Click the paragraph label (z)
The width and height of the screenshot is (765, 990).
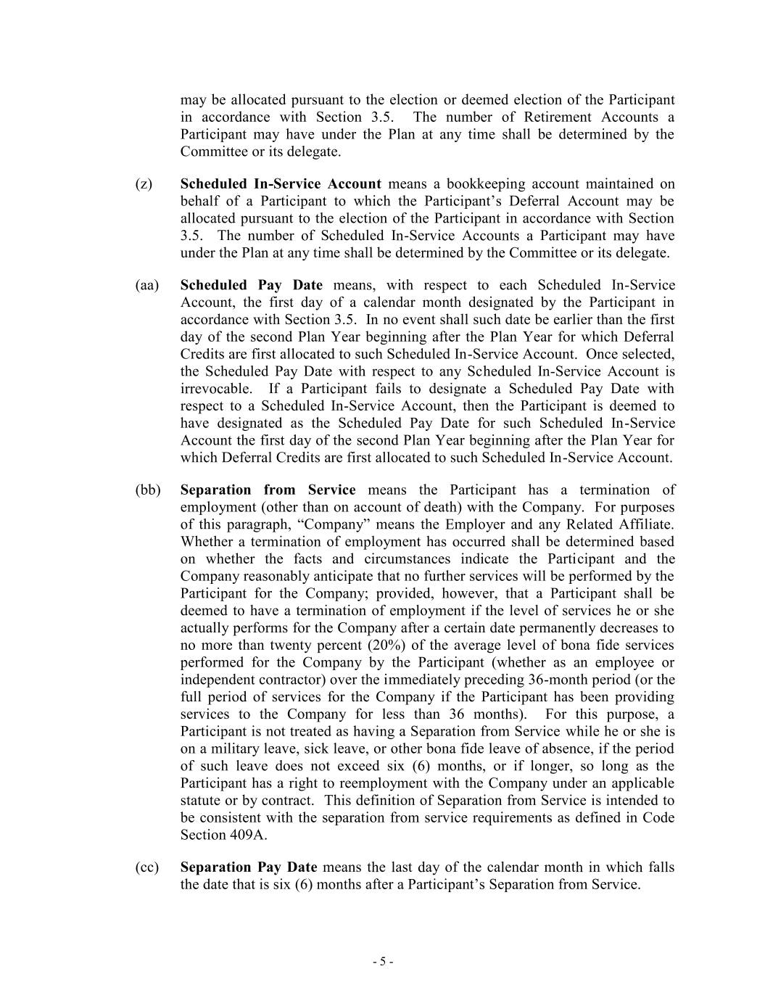coord(144,184)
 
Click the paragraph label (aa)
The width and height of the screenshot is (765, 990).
coord(146,286)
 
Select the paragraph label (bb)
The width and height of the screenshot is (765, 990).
coord(147,490)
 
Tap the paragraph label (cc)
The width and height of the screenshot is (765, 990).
coord(146,867)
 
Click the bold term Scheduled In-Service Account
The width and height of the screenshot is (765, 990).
coord(280,184)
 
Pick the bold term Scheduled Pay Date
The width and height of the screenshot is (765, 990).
coord(251,286)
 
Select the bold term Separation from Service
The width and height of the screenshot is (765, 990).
coord(268,490)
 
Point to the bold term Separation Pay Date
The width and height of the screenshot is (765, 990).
coord(248,867)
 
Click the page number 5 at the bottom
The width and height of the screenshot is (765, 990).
coord(383,962)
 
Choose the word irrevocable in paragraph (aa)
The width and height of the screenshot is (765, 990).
coord(215,389)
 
